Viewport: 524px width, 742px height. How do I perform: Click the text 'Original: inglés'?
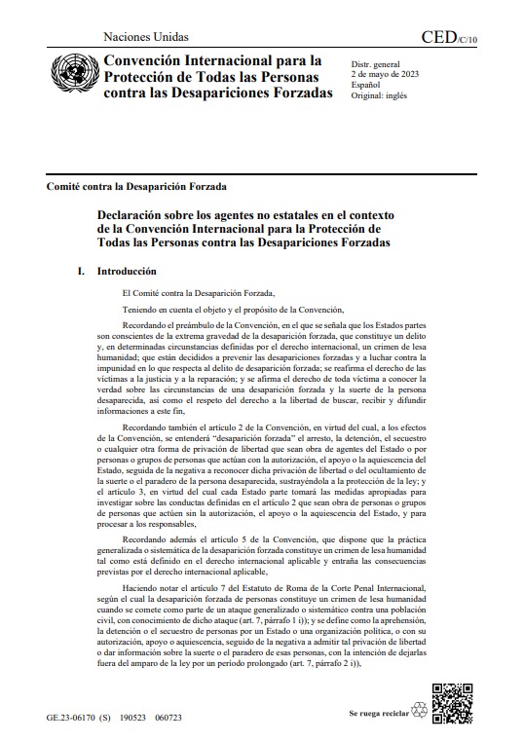tap(380, 95)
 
